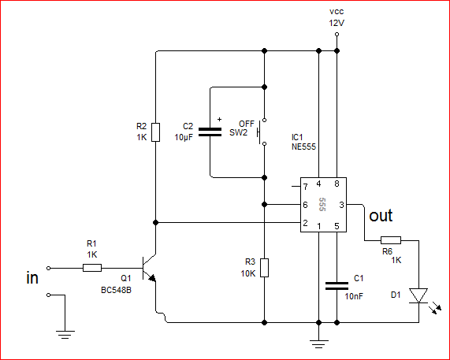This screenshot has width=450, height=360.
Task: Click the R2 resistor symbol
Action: coord(155,132)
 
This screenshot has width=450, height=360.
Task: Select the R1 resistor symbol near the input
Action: coord(92,268)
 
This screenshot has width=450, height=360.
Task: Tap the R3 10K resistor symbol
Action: coord(264,268)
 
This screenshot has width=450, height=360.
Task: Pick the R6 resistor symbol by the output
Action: coord(391,240)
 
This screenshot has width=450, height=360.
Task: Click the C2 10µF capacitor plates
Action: coord(210,132)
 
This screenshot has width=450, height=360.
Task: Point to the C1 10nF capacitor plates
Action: coord(337,286)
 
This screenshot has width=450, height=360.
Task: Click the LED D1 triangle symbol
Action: coord(418,295)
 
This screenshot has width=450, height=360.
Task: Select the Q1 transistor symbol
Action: coord(149,268)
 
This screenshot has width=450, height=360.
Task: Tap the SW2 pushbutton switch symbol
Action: coord(262,132)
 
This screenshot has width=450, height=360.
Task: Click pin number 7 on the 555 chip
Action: coord(305,187)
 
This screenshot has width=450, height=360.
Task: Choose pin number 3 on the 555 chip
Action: coord(341,205)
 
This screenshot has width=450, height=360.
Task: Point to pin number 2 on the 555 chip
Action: coord(305,223)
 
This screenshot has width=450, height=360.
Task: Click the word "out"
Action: coord(381,216)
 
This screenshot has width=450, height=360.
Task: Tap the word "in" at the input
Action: coord(32,277)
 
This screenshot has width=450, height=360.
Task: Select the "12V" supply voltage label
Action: coord(337,23)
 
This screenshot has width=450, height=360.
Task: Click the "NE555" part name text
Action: coord(303,147)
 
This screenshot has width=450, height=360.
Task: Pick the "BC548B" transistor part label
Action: coord(116,290)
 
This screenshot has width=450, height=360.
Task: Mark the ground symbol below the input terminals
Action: coord(65,335)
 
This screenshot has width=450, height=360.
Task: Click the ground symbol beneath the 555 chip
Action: coord(318,344)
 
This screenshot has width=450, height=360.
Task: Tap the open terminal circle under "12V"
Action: coord(337,35)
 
